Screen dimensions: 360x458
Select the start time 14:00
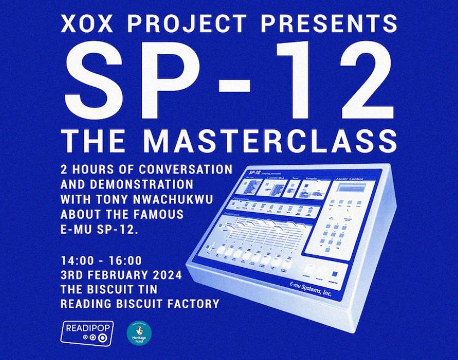(80, 260)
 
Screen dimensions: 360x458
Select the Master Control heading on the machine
(352, 178)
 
